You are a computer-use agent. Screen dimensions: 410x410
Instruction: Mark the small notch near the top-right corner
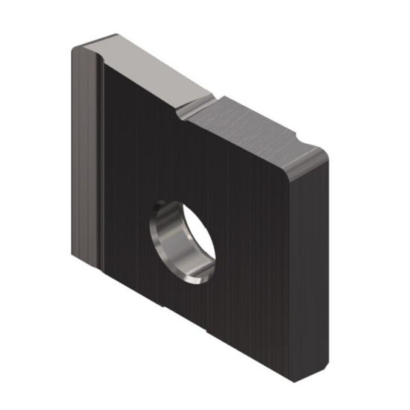[301, 139]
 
